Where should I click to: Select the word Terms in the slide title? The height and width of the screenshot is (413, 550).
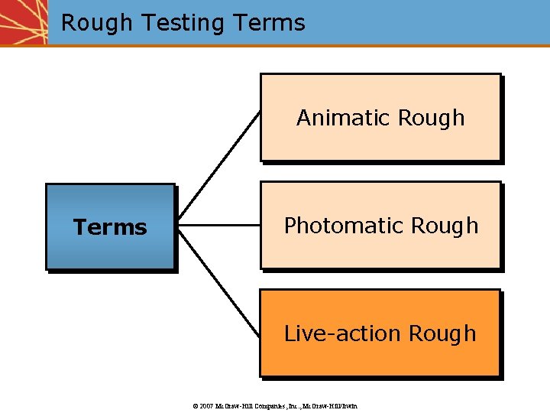(x=270, y=23)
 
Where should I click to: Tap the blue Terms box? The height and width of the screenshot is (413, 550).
(x=110, y=226)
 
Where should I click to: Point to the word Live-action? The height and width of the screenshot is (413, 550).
(x=343, y=333)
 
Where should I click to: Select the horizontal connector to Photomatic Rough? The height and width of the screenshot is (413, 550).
(x=218, y=226)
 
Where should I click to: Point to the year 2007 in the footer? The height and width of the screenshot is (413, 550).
(x=205, y=405)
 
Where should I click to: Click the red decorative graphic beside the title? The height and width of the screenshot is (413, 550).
(x=23, y=21)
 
